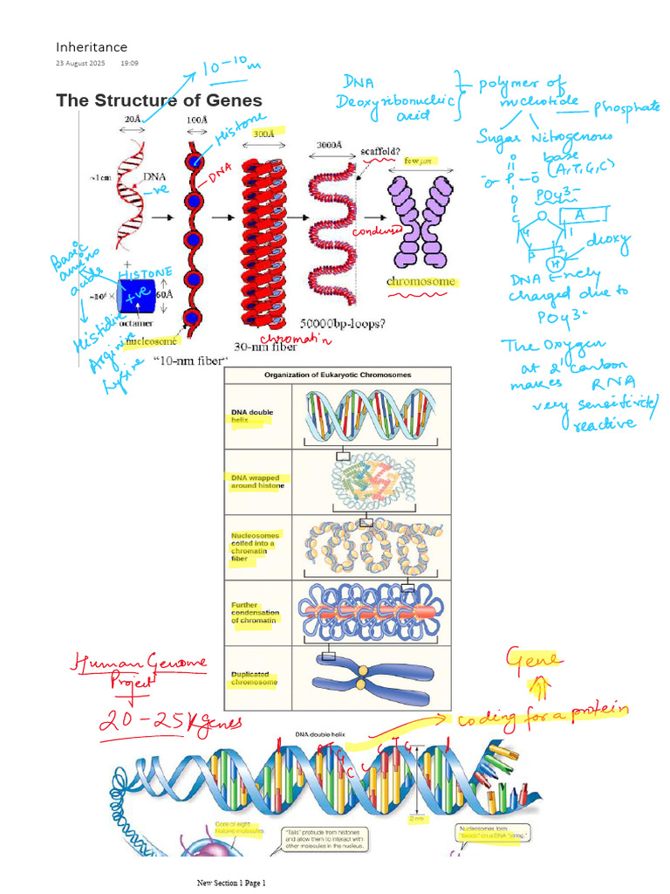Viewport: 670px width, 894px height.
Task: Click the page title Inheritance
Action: [x=92, y=47]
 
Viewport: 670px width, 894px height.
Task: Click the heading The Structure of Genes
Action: [x=159, y=100]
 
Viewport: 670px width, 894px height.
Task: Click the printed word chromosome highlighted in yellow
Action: [x=421, y=282]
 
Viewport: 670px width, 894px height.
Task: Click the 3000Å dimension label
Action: [x=329, y=145]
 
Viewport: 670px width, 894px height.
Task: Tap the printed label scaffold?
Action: [x=381, y=150]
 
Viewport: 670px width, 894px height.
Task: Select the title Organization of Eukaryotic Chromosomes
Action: [x=338, y=375]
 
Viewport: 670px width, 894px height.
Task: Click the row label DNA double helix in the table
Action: [x=251, y=415]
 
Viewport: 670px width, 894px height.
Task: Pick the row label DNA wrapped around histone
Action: [x=257, y=481]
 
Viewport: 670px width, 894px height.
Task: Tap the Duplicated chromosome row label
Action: [x=255, y=678]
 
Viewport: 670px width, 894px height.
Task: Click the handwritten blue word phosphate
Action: [x=627, y=108]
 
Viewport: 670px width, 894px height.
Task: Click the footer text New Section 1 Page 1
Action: [x=231, y=883]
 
